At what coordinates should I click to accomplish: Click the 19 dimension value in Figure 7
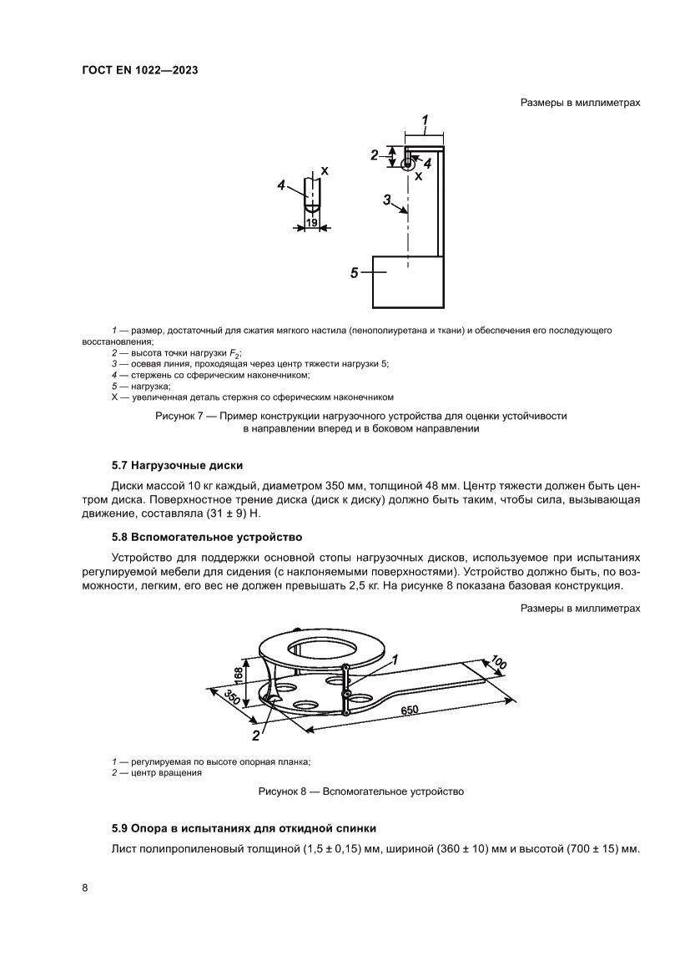[x=311, y=223]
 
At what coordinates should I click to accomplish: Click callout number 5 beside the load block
[x=355, y=272]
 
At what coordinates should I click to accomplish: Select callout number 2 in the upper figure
[x=375, y=154]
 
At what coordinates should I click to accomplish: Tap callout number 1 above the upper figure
[x=425, y=121]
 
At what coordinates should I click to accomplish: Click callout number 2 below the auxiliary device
[x=256, y=735]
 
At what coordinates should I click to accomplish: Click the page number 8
[x=85, y=887]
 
